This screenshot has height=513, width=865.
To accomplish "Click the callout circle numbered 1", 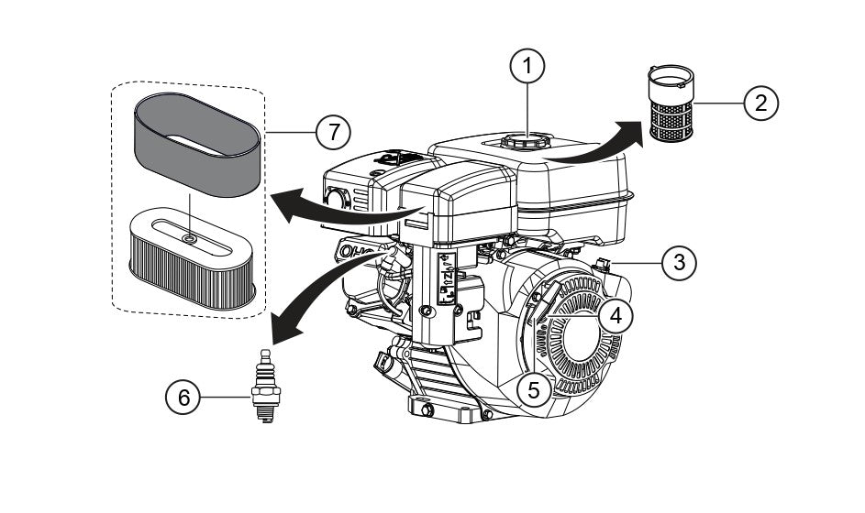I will (x=527, y=66).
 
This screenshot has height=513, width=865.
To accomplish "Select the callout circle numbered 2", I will (x=760, y=103).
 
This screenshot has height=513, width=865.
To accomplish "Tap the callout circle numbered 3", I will (x=678, y=263).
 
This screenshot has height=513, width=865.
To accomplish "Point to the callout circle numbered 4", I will (x=616, y=315).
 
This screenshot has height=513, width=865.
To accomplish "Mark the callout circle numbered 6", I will (x=183, y=398).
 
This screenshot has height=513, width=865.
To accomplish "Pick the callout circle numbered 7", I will (x=333, y=132).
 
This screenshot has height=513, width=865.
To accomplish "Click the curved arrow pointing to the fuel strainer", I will (x=596, y=147).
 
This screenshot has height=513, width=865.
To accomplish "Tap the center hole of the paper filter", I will (x=189, y=238).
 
